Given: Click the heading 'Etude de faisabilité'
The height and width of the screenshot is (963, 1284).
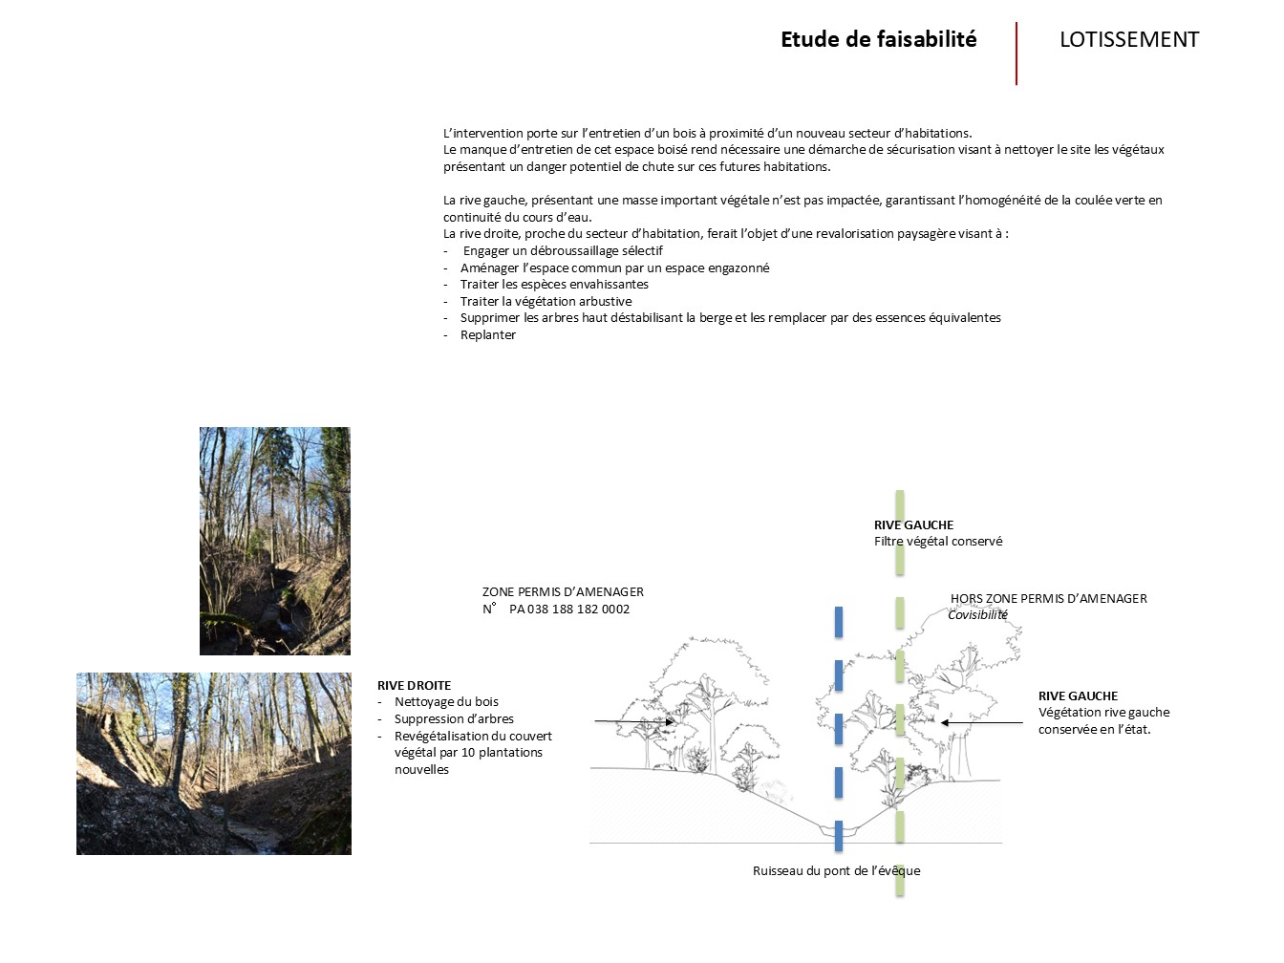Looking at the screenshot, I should [878, 40].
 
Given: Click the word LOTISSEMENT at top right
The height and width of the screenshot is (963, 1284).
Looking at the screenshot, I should [1128, 40].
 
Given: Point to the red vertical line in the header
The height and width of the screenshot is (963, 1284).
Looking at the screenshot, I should [1016, 53].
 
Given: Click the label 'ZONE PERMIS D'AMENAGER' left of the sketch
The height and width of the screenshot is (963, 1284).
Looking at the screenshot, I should [563, 592].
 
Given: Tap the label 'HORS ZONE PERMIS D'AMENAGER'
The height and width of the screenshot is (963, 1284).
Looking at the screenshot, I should [1048, 599].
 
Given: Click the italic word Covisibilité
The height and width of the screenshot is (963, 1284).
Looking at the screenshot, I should [977, 615].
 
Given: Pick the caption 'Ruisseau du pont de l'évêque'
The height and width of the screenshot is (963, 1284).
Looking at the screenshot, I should [836, 871].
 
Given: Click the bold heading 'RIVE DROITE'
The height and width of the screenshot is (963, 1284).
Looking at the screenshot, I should [414, 686].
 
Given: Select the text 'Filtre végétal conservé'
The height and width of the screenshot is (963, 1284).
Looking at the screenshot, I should [938, 542].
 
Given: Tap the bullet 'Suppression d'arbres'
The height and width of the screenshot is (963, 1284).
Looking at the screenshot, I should [454, 719].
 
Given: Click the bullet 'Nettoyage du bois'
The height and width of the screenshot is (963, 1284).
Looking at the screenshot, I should [446, 702].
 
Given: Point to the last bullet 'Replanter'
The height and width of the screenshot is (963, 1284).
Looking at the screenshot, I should [487, 335].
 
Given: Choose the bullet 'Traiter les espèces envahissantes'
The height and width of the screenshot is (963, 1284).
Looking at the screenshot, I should [554, 285].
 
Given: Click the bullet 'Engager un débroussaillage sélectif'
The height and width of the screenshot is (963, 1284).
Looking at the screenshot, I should [563, 251].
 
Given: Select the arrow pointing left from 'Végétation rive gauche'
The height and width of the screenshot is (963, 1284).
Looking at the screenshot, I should [982, 723].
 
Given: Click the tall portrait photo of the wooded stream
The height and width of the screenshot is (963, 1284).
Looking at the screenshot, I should [274, 541].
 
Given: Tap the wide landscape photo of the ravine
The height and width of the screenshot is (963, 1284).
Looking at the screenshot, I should [214, 763].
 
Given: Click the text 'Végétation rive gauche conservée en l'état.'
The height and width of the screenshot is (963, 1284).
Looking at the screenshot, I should [1103, 721].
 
